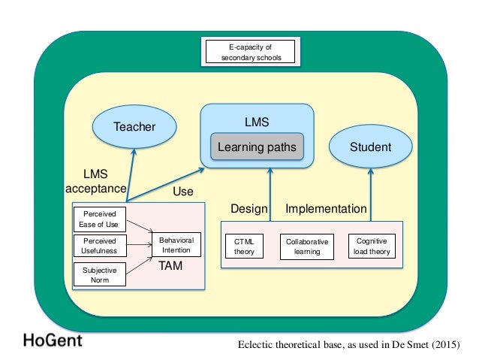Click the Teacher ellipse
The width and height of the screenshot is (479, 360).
134,126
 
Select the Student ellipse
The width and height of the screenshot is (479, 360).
370,147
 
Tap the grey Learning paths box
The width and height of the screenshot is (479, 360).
257,147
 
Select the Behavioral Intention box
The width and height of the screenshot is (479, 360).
176,245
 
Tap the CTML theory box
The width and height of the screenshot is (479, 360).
244,247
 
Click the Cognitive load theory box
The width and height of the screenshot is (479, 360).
370,247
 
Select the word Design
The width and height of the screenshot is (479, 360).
249,208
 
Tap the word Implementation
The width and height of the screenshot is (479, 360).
326,208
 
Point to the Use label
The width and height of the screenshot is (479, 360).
183,192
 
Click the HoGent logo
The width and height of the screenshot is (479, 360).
52,339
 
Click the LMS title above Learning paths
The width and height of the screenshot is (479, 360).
257,120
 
